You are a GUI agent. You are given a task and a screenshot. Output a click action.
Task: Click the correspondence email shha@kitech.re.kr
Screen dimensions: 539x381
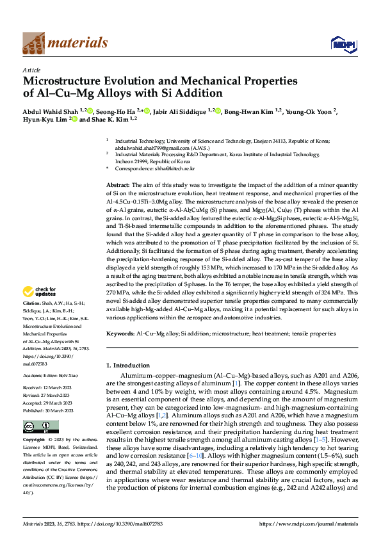coord(173,168)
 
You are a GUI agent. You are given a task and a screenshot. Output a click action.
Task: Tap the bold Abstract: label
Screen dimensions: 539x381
coord(118,184)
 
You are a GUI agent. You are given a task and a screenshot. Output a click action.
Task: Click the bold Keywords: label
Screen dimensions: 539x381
coord(120,334)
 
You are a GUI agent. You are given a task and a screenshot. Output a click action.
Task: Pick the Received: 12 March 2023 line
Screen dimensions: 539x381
coord(50,388)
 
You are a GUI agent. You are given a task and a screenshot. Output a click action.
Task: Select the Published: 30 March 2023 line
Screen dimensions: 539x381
coord(51,410)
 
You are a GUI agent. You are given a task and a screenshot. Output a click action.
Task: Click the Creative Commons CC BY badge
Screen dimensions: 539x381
coord(40,426)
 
